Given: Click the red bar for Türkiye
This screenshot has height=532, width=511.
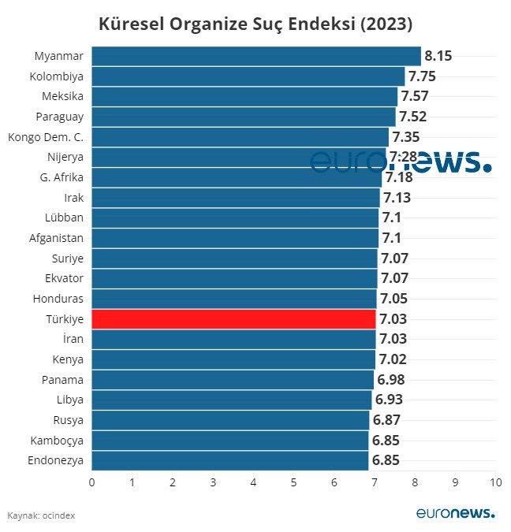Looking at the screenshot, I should coord(233,318).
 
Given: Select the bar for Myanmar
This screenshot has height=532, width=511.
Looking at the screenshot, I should coord(256,56).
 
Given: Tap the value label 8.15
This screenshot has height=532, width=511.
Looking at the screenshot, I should coord(438,56).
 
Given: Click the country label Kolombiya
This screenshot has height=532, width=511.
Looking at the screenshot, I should coord(56,76).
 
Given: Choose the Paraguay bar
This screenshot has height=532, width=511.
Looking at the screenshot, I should coord(244,117).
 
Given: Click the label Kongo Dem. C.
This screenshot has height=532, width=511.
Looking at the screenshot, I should coord(46,137).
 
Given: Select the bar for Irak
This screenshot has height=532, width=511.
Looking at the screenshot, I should coord(236,197).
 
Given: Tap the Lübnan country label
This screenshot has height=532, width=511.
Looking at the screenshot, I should coord(66,218).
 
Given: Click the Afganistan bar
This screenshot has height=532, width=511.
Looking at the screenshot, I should coord(235,238).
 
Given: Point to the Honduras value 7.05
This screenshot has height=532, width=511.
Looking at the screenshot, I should coord(394,299).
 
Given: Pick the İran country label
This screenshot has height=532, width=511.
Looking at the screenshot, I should coord(72,339).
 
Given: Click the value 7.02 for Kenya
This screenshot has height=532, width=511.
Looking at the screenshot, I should coord(392,359).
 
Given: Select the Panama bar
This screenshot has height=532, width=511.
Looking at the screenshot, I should coord(233,379).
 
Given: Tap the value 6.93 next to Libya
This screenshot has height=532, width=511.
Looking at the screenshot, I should coord(389,400).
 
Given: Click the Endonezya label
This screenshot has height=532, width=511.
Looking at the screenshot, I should coord(56,460).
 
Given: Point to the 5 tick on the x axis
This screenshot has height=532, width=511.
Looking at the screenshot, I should coord(293,482).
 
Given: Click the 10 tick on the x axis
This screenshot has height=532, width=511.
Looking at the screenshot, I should coord(494,482).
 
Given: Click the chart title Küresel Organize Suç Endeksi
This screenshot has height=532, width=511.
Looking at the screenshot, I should coord(255,23).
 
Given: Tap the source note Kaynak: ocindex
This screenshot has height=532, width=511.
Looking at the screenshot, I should coord(41,515).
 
